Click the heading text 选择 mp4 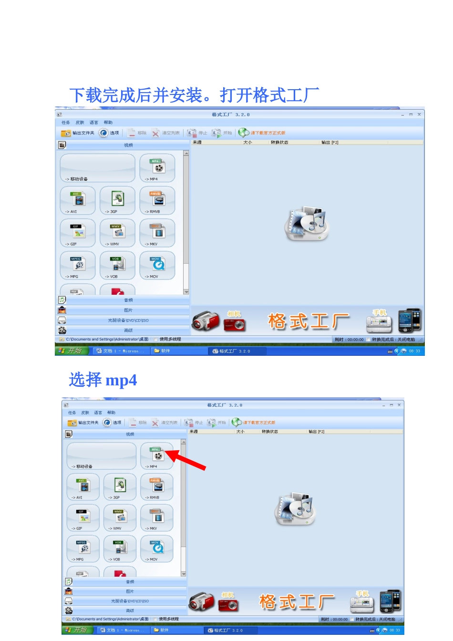pos(103,380)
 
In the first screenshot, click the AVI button pos(78,200)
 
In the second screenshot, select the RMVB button pos(157,487)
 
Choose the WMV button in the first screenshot pos(118,233)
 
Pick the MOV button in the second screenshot pos(157,549)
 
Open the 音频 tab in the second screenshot pos(130,582)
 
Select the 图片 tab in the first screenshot pos(128,310)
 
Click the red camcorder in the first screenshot pos(206,321)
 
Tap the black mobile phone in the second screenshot pos(390,601)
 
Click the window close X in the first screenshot pos(419,114)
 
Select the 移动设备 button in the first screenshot pos(97,168)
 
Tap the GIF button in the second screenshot pos(84,518)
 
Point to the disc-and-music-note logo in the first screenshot pos(307,223)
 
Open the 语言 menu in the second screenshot pos(98,413)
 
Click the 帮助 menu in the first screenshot pos(108,123)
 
